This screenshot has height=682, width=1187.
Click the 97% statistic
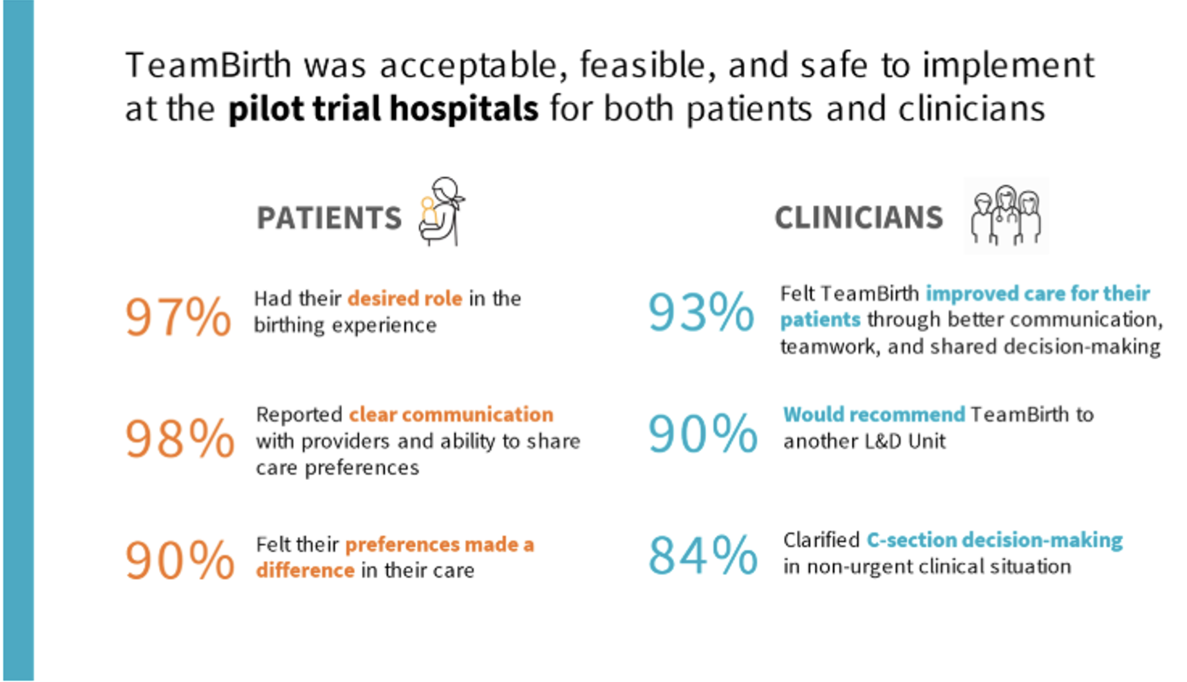[178, 317]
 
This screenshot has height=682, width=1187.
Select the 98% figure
[180, 439]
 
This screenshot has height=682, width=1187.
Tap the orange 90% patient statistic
[180, 560]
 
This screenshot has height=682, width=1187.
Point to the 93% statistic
[701, 312]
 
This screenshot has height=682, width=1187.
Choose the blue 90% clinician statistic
[703, 434]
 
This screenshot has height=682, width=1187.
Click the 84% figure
[703, 555]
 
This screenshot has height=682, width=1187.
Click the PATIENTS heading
[329, 217]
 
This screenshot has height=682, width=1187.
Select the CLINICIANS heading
[859, 217]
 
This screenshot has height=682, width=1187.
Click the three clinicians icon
[1006, 216]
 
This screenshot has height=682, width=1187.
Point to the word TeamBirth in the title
[209, 65]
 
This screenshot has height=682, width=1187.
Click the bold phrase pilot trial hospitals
[383, 109]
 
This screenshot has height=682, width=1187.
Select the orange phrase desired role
[405, 299]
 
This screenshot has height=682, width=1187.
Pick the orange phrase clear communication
[451, 414]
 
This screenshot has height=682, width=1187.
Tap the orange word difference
[305, 570]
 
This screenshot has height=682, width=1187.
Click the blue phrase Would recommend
[874, 414]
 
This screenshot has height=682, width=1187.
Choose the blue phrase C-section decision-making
[995, 540]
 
